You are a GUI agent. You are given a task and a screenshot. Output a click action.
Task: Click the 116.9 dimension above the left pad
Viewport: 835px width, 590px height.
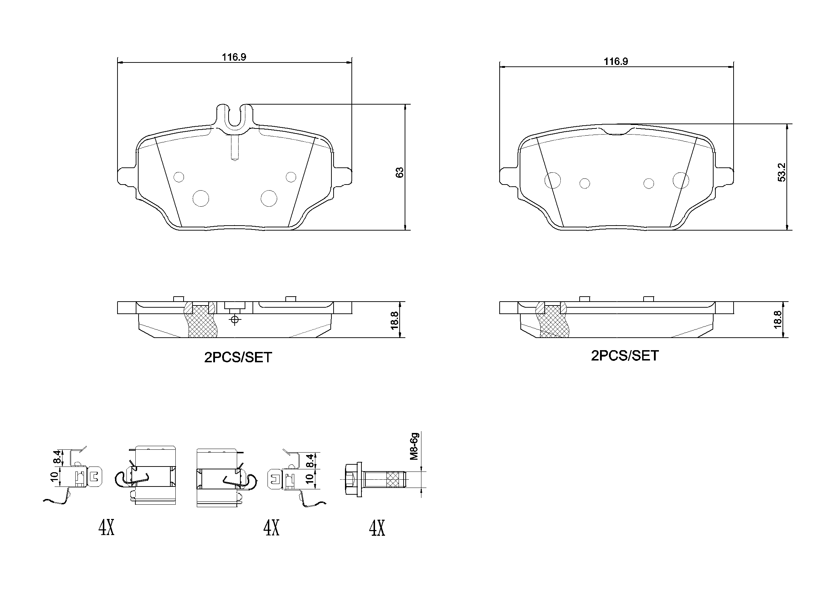(x=234, y=57)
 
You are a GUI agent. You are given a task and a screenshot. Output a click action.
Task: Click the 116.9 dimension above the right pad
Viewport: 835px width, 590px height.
(x=616, y=61)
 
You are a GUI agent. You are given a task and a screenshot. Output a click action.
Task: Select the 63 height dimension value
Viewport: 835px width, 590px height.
(x=400, y=172)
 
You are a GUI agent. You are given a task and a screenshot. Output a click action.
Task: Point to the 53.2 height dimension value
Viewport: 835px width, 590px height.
(x=781, y=172)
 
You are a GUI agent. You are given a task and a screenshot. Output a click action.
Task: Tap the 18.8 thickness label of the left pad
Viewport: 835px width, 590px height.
(x=395, y=320)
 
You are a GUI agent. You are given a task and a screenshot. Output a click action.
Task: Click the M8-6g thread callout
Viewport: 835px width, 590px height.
(x=415, y=447)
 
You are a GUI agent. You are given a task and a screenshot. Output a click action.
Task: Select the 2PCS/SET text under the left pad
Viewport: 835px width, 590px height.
(x=238, y=358)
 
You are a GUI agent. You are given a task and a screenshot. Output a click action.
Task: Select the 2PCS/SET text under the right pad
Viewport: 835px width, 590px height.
(x=624, y=355)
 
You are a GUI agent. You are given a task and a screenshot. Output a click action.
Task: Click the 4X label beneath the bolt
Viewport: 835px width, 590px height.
(x=377, y=528)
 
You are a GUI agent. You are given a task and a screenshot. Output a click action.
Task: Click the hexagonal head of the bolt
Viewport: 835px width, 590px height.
(x=351, y=479)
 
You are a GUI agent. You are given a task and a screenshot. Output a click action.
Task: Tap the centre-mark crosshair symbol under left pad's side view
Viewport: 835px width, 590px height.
(x=235, y=319)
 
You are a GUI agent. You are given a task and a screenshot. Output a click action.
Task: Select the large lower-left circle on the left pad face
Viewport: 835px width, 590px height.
(x=201, y=198)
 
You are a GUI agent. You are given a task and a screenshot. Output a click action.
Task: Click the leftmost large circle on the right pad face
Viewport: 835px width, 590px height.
(x=552, y=180)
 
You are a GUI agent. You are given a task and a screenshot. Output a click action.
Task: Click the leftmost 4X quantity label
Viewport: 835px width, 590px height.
(x=106, y=528)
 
